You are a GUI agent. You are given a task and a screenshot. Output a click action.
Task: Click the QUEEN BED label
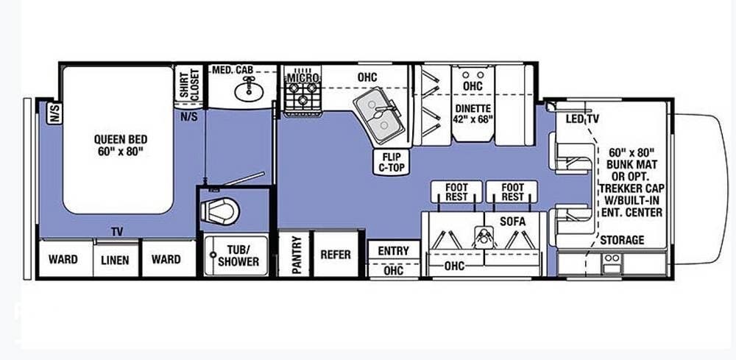[121, 145]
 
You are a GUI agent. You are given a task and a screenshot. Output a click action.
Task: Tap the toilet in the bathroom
[220, 211]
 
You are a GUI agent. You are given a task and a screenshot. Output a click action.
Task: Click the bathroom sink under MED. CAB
[248, 88]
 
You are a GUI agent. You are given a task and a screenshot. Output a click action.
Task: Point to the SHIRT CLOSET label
[189, 85]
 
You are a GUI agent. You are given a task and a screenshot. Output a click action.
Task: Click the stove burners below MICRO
[302, 93]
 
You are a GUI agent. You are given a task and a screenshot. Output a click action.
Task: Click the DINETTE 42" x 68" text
[473, 113]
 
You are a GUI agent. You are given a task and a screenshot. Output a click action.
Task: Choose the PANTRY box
[295, 254]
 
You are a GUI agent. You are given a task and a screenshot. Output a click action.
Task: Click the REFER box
[336, 254]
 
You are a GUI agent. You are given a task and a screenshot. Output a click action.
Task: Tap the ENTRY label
[393, 250]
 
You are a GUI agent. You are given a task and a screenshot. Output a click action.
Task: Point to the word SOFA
[512, 221]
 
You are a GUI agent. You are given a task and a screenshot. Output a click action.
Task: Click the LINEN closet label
[115, 260]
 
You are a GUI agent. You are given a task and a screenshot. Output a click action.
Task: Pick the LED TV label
[582, 119]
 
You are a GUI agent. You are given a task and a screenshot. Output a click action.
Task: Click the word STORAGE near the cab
[622, 240]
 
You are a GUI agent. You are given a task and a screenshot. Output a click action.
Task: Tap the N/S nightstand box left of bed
[54, 113]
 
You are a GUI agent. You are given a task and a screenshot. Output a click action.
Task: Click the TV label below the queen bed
[117, 231]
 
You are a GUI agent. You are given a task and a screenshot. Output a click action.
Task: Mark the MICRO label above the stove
[303, 77]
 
